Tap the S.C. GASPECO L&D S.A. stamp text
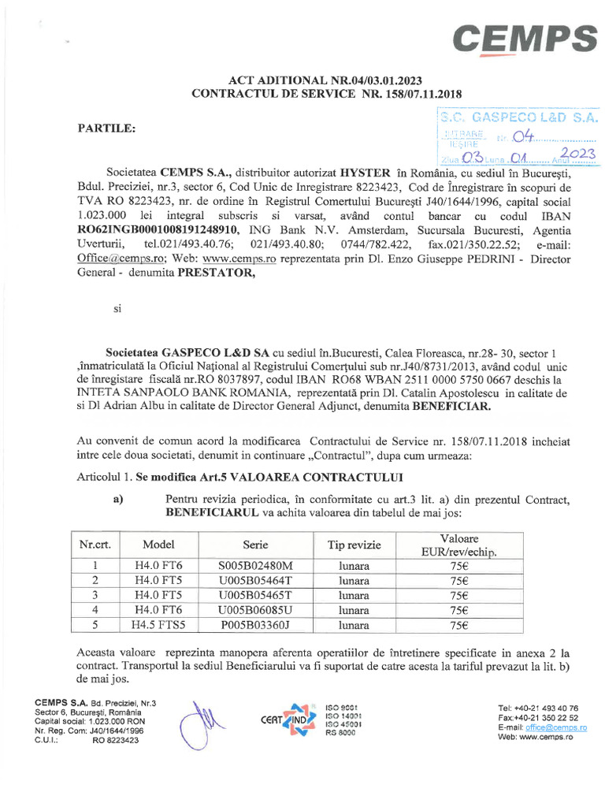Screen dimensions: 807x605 [x=518, y=117]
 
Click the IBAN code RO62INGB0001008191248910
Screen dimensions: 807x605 [x=153, y=229]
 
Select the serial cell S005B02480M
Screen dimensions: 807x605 [x=254, y=566]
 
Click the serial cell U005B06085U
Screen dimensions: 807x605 [x=254, y=610]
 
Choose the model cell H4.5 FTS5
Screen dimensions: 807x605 [x=158, y=625]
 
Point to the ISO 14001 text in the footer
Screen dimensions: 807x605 [x=343, y=715]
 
